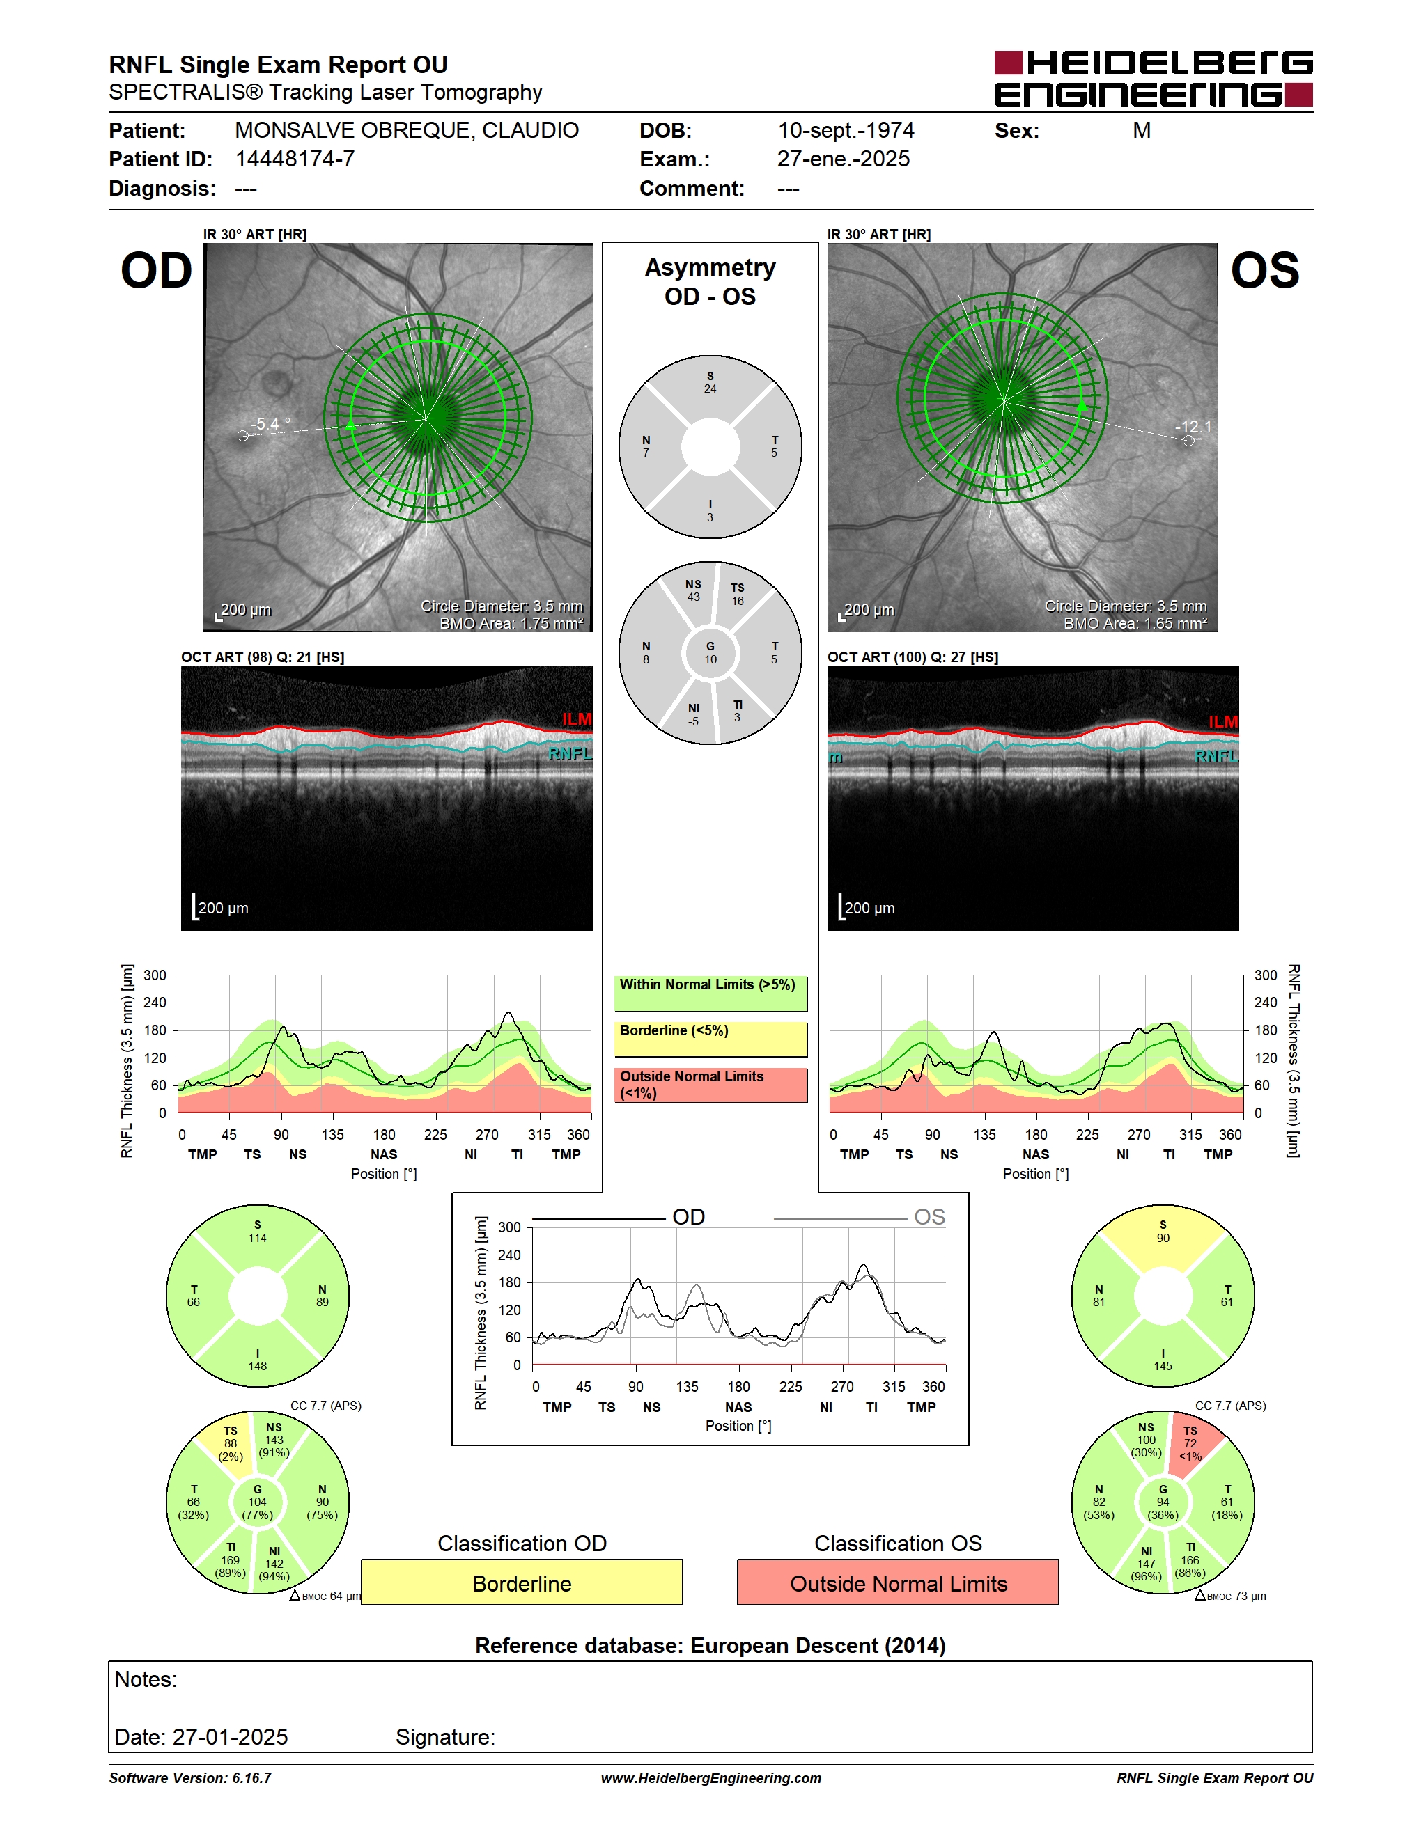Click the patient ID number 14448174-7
click(x=295, y=159)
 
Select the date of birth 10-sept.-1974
click(x=845, y=130)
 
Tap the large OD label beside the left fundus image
click(x=157, y=270)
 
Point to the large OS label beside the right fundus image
click(x=1264, y=270)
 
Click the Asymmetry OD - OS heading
click(x=710, y=282)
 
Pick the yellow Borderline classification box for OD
click(x=522, y=1582)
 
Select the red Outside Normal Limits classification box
click(x=899, y=1582)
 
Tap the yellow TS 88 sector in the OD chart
click(x=229, y=1444)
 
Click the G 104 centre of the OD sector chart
click(x=258, y=1502)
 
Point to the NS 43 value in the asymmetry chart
click(x=693, y=591)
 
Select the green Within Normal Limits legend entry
click(x=710, y=993)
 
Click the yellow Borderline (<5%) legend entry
click(x=710, y=1039)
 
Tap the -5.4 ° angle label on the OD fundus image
click(x=270, y=424)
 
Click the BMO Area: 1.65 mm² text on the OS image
click(x=1134, y=624)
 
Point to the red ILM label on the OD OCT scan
click(x=577, y=718)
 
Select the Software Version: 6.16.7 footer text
click(x=190, y=1778)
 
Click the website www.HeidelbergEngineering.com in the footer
click(x=710, y=1778)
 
